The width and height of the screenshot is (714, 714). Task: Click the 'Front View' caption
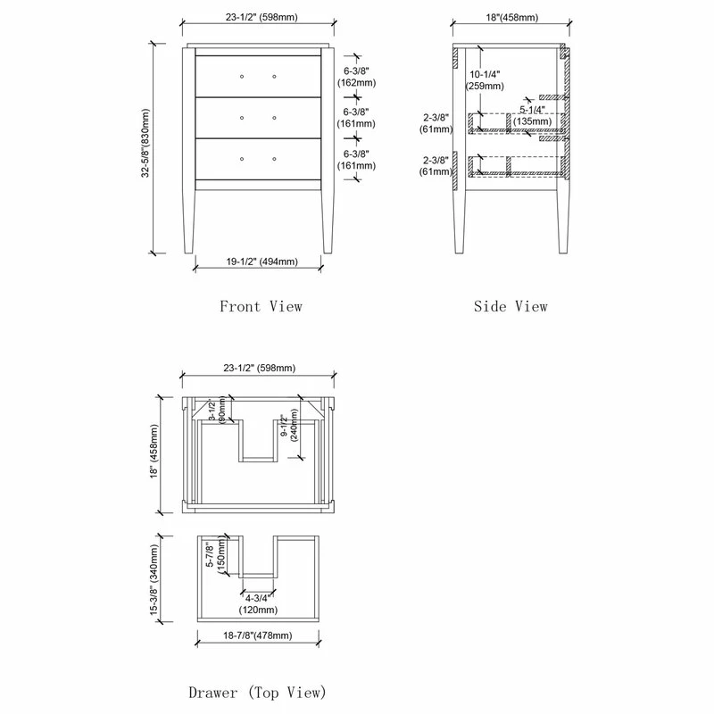click(x=261, y=306)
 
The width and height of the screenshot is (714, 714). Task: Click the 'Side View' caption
click(x=510, y=306)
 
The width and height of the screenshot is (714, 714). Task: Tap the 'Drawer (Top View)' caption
click(x=257, y=692)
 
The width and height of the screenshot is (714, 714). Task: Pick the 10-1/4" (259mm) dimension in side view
click(x=485, y=80)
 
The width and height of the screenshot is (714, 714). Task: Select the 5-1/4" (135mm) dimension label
click(x=532, y=115)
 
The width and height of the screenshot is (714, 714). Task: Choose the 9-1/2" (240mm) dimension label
click(x=287, y=433)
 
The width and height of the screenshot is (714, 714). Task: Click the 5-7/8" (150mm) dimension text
click(x=214, y=557)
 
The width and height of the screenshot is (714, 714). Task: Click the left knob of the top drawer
click(x=243, y=76)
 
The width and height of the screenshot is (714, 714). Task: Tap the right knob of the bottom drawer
click(x=274, y=158)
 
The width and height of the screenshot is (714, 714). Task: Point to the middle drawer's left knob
click(x=243, y=117)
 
